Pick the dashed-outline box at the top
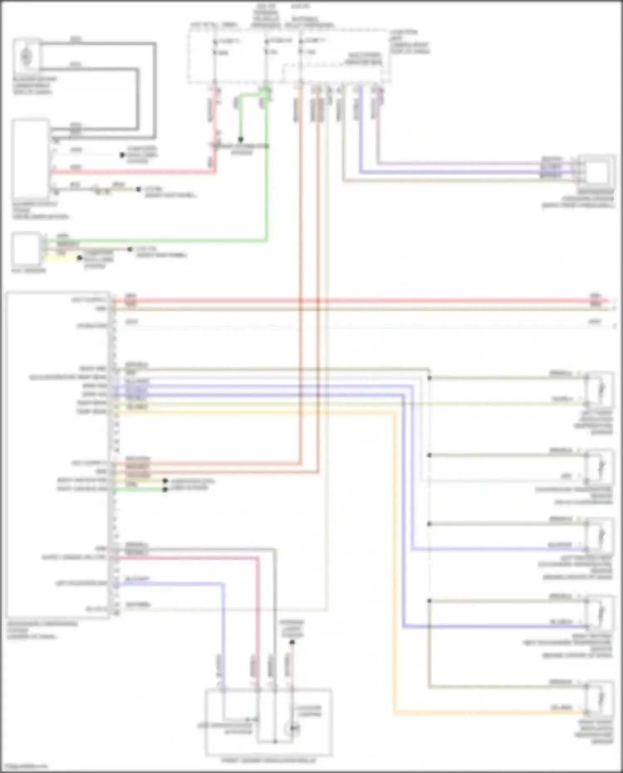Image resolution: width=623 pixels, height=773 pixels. coord(288,56)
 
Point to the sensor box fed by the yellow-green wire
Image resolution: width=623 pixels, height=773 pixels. coord(600,390)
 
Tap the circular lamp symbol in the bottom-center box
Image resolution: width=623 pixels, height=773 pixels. coord(293,728)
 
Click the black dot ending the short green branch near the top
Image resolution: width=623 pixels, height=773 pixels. coord(240,140)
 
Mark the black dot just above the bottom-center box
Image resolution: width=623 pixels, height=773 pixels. coord(292,642)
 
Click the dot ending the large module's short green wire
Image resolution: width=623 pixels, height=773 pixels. coord(165,490)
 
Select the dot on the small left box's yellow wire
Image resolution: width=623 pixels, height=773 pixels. coord(79,258)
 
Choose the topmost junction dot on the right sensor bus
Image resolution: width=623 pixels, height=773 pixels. coord(429,378)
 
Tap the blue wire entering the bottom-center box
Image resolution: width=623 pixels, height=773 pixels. coord(223,644)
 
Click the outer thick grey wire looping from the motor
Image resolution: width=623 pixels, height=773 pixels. coord(155,91)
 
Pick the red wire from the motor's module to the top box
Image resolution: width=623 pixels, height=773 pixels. coord(133,171)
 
